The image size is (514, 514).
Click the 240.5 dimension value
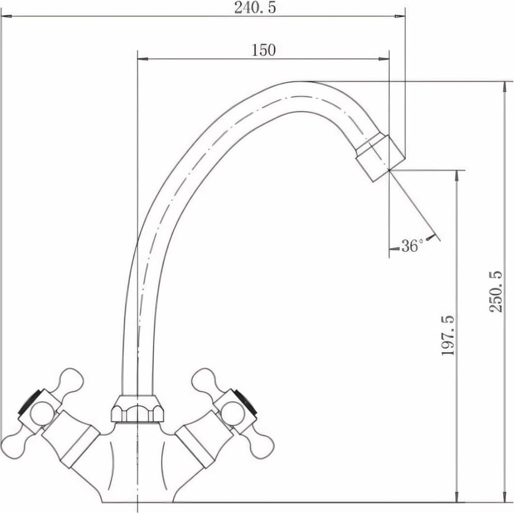(x=255, y=8)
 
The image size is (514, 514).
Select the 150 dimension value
(x=264, y=50)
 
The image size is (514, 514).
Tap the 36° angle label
(x=412, y=246)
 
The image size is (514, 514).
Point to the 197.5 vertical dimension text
(x=448, y=335)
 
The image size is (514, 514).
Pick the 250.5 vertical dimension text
(x=495, y=291)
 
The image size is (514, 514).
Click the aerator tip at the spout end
(x=380, y=158)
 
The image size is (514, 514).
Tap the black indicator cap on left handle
(x=29, y=401)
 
